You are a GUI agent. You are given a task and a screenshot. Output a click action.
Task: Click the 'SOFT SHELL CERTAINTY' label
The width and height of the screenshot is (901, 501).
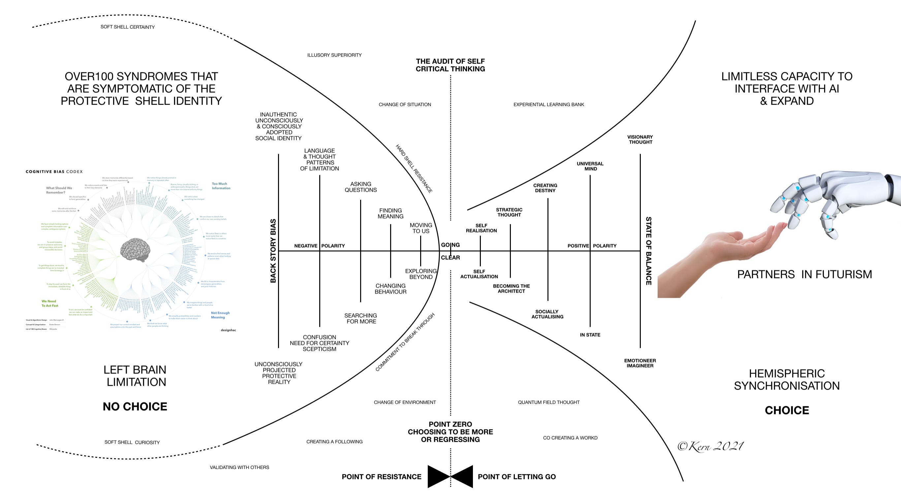click(x=127, y=27)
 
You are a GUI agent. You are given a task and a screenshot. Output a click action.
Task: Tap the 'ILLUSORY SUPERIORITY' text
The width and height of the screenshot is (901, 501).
click(x=334, y=55)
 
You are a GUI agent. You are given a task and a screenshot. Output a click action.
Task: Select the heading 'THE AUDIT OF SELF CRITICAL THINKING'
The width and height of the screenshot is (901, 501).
click(x=450, y=65)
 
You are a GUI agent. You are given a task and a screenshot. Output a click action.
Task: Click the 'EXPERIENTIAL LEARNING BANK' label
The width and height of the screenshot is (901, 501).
click(x=548, y=104)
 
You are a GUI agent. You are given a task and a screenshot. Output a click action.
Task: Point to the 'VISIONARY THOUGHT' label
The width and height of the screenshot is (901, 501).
click(x=640, y=139)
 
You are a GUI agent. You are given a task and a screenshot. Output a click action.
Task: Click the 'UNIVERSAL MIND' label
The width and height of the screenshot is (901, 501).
click(x=590, y=166)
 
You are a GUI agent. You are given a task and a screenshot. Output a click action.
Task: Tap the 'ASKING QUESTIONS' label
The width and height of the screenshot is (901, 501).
click(x=360, y=187)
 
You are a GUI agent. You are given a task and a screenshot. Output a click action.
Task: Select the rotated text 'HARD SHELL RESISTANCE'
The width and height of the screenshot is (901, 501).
click(x=414, y=168)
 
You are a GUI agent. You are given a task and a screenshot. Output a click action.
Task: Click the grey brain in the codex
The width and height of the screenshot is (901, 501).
click(x=135, y=249)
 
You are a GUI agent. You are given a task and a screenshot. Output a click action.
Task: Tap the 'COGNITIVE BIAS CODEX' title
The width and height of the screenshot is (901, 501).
click(x=54, y=172)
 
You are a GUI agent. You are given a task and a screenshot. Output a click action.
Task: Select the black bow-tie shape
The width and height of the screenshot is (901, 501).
click(x=450, y=476)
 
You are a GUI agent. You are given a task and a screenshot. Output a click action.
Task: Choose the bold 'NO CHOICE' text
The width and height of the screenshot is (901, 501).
click(x=135, y=406)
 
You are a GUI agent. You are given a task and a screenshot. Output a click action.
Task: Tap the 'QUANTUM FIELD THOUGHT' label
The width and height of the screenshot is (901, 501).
click(x=548, y=402)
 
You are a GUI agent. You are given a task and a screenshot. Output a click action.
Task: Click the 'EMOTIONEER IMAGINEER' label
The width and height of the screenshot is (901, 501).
click(x=640, y=363)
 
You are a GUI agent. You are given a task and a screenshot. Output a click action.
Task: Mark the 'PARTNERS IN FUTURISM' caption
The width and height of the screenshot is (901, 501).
click(x=804, y=274)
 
